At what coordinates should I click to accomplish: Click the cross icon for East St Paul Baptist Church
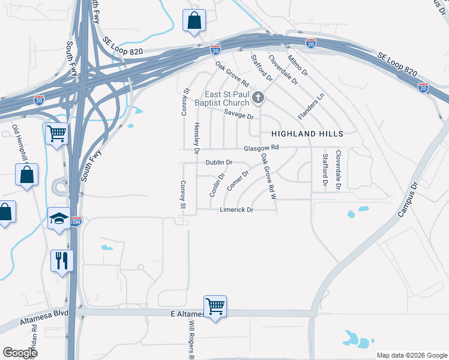(258, 98)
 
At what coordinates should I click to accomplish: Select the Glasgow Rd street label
(262, 148)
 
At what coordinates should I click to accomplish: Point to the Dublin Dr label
(218, 163)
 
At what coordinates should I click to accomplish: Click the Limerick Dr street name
(237, 210)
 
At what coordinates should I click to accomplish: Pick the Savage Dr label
(239, 113)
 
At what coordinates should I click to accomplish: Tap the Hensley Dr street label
(196, 137)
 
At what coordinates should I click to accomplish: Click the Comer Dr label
(237, 181)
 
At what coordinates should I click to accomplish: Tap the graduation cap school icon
(59, 218)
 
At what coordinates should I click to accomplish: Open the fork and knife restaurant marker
(62, 260)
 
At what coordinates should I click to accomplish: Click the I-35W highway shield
(76, 221)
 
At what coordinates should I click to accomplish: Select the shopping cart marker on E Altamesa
(214, 306)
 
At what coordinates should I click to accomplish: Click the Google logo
(20, 353)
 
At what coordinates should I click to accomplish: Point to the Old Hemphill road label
(21, 145)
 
